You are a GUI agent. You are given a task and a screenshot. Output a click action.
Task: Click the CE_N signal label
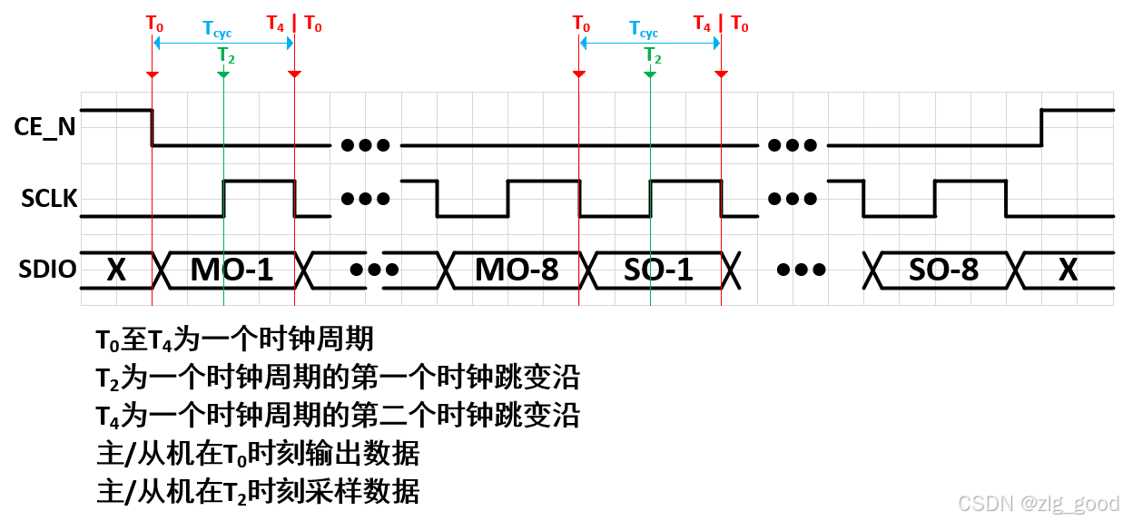point(45,128)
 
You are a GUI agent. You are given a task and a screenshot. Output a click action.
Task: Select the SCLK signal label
point(48,200)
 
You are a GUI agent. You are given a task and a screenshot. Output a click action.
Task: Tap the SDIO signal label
point(45,270)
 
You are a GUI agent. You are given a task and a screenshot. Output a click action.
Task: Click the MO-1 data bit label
point(231,270)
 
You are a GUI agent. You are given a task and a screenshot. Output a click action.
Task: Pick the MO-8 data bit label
point(516,270)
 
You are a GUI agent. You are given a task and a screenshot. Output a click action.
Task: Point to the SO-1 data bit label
point(658,270)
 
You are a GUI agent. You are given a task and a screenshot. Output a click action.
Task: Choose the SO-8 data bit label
point(944,270)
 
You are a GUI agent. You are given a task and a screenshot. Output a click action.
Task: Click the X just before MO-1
point(116,270)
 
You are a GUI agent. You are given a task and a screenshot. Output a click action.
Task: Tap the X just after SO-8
point(1068,270)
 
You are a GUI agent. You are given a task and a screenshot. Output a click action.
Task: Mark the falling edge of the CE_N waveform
point(152,127)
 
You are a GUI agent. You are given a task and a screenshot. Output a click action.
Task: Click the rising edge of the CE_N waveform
point(1041,127)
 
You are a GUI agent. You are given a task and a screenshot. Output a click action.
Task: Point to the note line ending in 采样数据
point(258,492)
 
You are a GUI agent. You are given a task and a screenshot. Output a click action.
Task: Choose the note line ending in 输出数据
point(258,454)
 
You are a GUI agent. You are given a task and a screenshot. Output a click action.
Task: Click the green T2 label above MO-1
point(226,55)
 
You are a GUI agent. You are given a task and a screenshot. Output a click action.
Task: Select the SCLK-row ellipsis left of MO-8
point(366,199)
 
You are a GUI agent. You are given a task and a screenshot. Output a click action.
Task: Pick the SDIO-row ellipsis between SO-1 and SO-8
point(803,270)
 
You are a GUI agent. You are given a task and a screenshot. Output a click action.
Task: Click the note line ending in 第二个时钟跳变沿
point(338,416)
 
